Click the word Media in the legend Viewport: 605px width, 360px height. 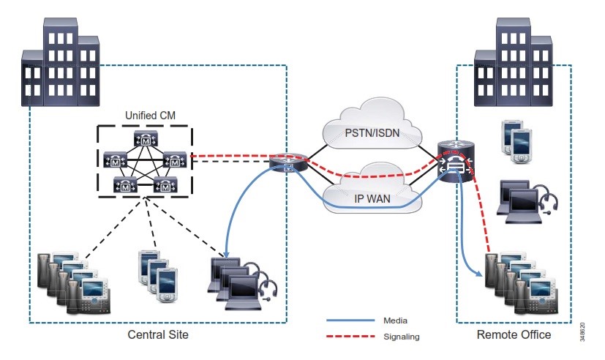(x=395, y=320)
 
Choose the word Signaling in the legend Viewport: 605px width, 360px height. (x=400, y=337)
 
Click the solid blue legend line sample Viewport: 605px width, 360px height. (x=350, y=320)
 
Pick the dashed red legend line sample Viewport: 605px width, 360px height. (x=350, y=337)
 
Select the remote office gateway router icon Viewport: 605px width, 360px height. (x=455, y=162)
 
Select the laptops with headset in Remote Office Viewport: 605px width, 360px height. (x=525, y=198)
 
